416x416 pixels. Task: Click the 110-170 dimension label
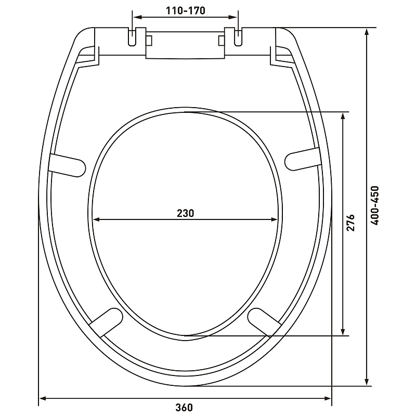coord(186,10)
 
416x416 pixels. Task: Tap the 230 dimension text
coord(186,213)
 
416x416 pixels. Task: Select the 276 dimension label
coord(350,223)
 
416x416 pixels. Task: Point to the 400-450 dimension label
coord(374,205)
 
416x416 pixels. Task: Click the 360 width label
coord(184,407)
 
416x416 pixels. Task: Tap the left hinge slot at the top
coord(133,37)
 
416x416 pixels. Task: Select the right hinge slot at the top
coord(238,37)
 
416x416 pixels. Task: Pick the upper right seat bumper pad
coord(303,159)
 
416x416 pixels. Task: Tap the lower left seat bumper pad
coord(107,322)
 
